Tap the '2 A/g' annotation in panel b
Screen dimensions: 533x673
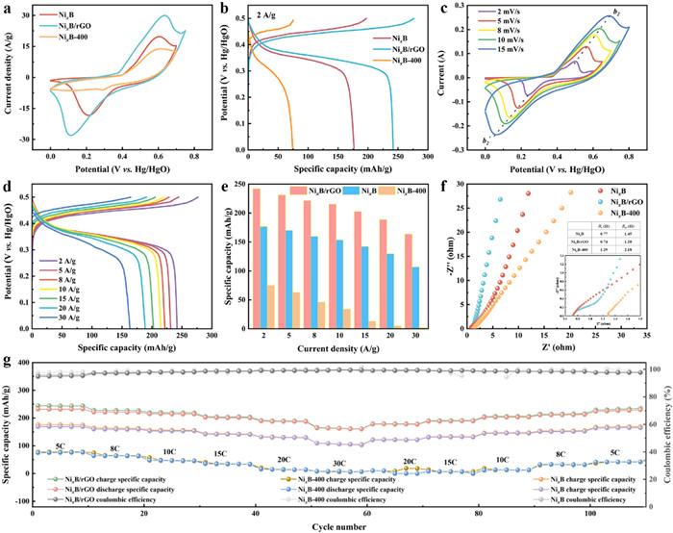[270, 15]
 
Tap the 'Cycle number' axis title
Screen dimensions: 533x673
[336, 526]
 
